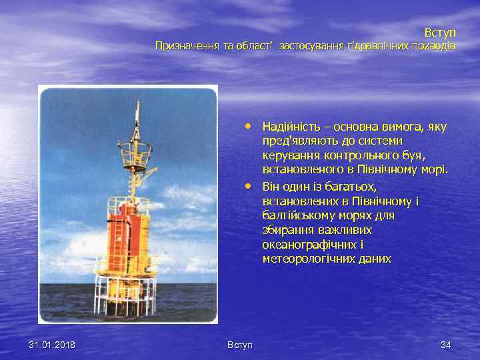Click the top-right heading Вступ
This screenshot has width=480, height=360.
coord(440,32)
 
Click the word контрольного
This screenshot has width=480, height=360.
coord(341,155)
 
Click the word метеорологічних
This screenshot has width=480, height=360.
coord(307,259)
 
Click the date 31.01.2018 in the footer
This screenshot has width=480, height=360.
coord(52,345)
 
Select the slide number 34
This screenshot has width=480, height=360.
coord(445,345)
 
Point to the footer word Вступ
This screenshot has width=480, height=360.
coord(239,345)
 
